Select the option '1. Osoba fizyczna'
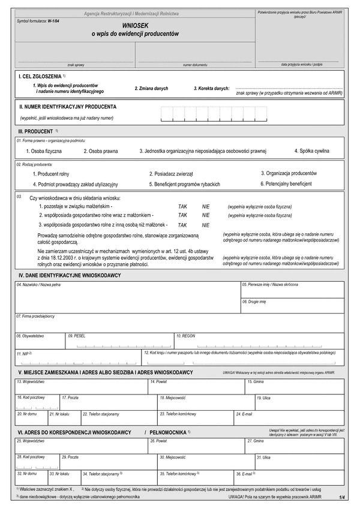pos(43,151)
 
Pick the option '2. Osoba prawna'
pos(101,151)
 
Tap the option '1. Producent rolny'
pos(51,174)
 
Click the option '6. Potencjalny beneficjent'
pos(286,183)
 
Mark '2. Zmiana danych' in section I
pos(151,89)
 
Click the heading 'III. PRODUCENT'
pos(36,131)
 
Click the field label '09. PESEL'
pos(77,336)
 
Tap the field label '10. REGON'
pos(186,336)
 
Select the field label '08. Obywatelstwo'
pos(30,336)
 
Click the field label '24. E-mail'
pos(244,414)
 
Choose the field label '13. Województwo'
pos(30,382)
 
